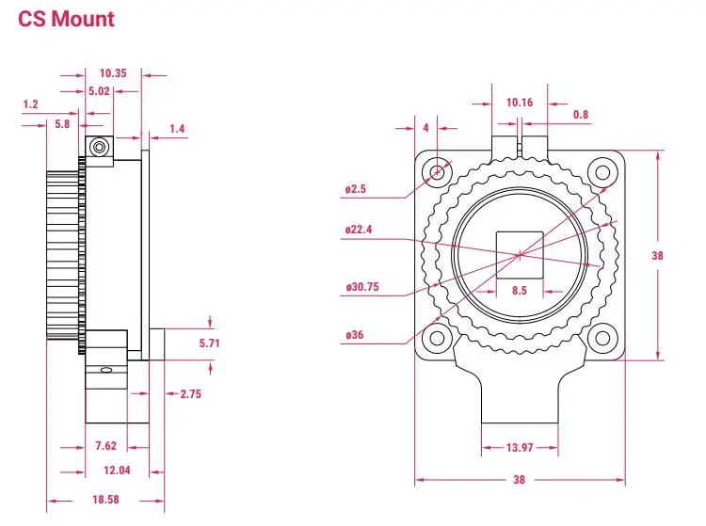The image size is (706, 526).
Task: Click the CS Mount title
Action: point(67,19)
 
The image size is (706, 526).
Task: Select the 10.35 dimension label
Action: point(113,72)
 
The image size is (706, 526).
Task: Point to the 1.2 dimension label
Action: point(30,105)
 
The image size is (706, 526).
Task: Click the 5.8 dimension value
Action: point(62,123)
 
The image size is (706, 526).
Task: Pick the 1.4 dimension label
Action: point(178,128)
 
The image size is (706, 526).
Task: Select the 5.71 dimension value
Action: point(209,343)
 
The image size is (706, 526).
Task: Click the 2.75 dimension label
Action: point(190,394)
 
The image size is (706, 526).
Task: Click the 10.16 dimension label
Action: point(520,103)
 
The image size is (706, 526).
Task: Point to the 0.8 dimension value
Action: point(581,115)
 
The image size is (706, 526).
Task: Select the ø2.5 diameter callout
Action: point(356,189)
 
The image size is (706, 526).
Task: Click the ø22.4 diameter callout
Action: point(359,229)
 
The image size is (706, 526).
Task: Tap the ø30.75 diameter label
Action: point(361,287)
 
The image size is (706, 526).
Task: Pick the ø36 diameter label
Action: point(355,335)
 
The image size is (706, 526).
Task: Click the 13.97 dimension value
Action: point(520,449)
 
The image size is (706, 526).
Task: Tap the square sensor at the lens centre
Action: point(519,253)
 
